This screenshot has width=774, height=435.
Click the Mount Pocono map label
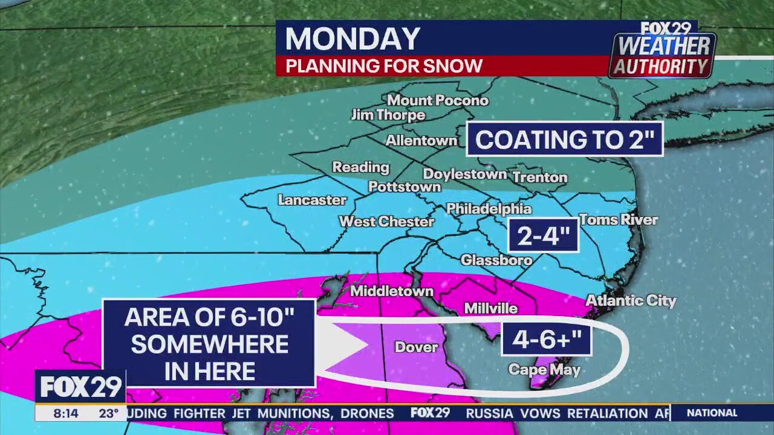437,100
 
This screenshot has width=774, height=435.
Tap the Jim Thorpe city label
388,115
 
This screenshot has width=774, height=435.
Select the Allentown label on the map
421,141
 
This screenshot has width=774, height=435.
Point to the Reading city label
360,167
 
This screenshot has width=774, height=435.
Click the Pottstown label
405,187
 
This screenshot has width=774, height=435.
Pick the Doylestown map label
464,175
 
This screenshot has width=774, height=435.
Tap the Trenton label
540,178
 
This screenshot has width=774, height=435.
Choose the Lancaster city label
312,200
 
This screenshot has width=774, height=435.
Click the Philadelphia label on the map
489,209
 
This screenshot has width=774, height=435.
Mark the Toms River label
619,220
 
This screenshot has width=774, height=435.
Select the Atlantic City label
631,300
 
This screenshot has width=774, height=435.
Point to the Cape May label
544,370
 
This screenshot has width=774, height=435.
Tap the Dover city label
416,347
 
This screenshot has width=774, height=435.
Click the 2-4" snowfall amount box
543,235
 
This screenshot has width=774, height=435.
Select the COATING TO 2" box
565,140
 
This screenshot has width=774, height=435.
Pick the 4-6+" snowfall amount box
546,339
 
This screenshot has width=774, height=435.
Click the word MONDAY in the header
353,39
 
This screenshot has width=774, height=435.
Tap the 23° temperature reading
109,413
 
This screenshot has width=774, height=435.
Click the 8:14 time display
65,413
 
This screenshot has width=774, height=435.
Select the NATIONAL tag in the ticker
712,413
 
